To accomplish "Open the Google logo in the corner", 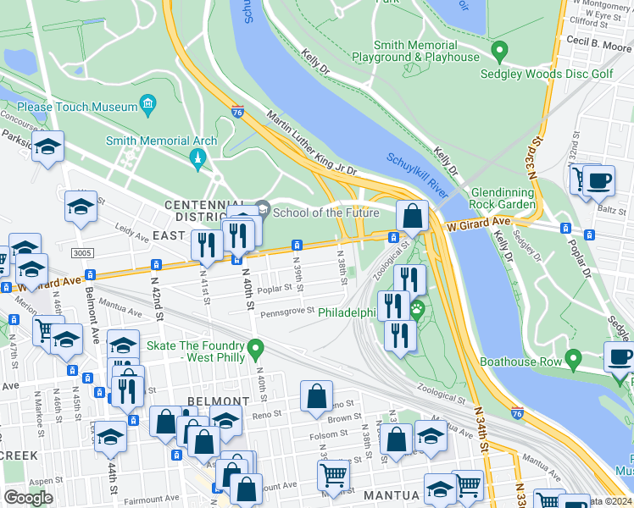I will click(28, 497).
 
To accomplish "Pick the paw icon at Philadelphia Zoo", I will click(416, 312).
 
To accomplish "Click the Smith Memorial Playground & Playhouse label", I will click(415, 51).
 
